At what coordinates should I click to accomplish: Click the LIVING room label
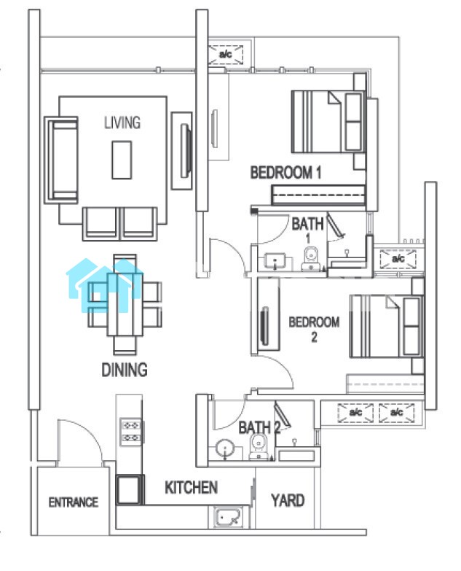pyautogui.click(x=122, y=123)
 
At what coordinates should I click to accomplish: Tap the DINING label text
pyautogui.click(x=125, y=370)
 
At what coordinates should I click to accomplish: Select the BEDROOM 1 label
pyautogui.click(x=285, y=172)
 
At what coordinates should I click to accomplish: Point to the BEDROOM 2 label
pyautogui.click(x=314, y=329)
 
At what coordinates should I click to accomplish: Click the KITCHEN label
pyautogui.click(x=192, y=488)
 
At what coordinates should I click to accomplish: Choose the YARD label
pyautogui.click(x=288, y=500)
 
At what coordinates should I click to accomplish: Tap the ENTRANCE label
pyautogui.click(x=74, y=502)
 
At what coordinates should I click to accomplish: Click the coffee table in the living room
pyautogui.click(x=122, y=160)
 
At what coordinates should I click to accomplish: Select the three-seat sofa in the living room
pyautogui.click(x=61, y=160)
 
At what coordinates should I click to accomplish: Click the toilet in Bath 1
pyautogui.click(x=311, y=259)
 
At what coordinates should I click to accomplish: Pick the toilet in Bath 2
pyautogui.click(x=259, y=446)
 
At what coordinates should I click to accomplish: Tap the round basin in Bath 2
pyautogui.click(x=225, y=448)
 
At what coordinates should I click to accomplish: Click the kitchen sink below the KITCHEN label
pyautogui.click(x=227, y=517)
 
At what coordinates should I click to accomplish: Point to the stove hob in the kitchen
pyautogui.click(x=131, y=432)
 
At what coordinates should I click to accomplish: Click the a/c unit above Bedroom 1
pyautogui.click(x=226, y=55)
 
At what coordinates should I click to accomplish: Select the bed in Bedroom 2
pyautogui.click(x=387, y=326)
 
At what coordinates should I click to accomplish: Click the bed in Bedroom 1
pyautogui.click(x=329, y=122)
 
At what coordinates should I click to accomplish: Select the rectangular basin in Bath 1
pyautogui.click(x=275, y=262)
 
